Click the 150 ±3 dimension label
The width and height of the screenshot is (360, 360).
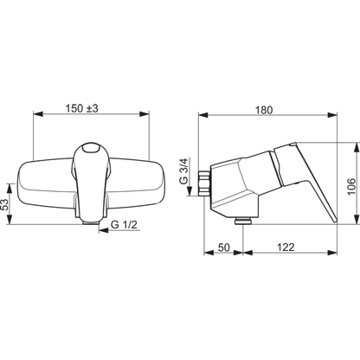tap(82, 108)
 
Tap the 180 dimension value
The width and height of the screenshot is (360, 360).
tap(264, 110)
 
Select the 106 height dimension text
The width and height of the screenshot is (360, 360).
tap(351, 186)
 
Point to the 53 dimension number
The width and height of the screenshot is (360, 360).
tap(5, 204)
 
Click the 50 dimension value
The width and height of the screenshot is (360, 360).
tap(224, 247)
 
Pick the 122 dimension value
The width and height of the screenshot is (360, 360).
tap(286, 247)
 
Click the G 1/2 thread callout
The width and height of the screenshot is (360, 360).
tap(124, 224)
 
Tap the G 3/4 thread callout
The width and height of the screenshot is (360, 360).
tap(183, 171)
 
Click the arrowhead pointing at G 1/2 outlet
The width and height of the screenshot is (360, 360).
tap(103, 230)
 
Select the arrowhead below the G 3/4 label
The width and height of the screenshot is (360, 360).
tap(190, 191)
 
